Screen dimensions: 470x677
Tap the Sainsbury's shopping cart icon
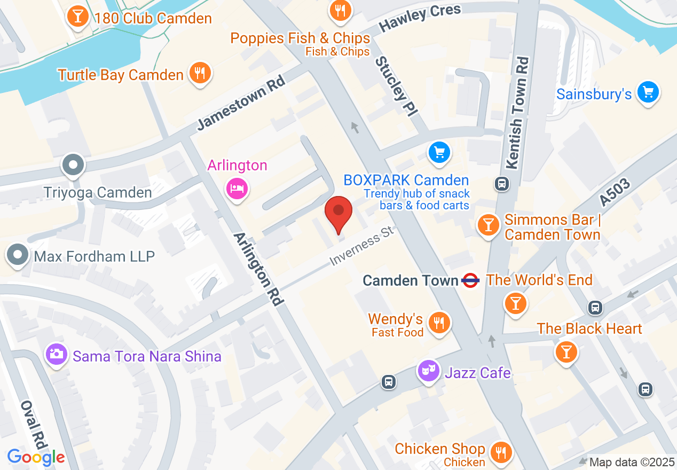pos(648,93)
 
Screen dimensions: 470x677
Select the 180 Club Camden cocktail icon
pos(78,17)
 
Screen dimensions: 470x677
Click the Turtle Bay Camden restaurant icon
pos(200,73)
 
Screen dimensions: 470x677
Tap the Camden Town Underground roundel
pos(470,280)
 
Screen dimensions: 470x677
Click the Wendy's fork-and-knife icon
pos(439,322)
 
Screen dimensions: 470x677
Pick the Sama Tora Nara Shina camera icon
pos(57,354)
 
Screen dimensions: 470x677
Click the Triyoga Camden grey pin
pos(73,165)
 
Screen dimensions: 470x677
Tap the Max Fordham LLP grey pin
pos(18,255)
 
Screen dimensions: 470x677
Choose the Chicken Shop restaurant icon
pos(500,452)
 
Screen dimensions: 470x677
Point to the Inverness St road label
pos(361,246)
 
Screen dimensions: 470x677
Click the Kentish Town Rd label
pos(519,112)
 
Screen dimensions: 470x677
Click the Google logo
pos(36,457)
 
